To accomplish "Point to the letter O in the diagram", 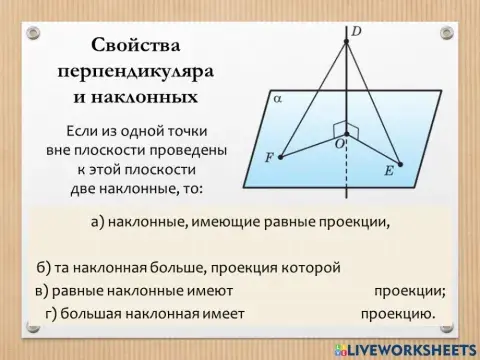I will pos(339,145).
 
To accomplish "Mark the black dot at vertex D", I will pos(346,41).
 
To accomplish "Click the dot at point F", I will pos(282,156).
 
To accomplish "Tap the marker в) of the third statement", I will pos(40,291).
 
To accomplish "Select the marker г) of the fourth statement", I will pos(52,314).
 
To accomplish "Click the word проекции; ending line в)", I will pos(409,291).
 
